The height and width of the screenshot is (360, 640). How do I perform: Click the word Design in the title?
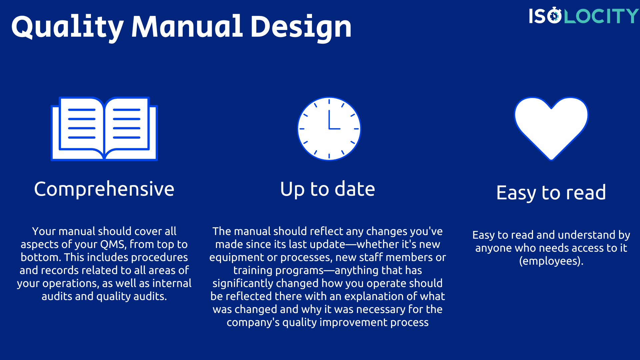point(301,27)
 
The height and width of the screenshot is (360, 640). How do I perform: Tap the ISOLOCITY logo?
point(583,16)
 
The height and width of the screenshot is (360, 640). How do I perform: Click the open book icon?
point(104,129)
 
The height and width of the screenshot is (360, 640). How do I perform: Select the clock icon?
point(329,129)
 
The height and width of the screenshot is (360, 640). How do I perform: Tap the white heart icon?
point(551,127)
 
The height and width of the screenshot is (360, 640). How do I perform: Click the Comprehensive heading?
point(104,189)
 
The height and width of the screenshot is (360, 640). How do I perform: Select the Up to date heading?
point(327,189)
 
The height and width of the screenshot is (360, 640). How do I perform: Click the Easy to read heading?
point(551,193)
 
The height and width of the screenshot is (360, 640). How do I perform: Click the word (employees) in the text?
point(551,261)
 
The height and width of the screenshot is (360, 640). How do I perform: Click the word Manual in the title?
point(187,27)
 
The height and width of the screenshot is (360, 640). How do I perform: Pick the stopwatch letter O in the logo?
point(554,16)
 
